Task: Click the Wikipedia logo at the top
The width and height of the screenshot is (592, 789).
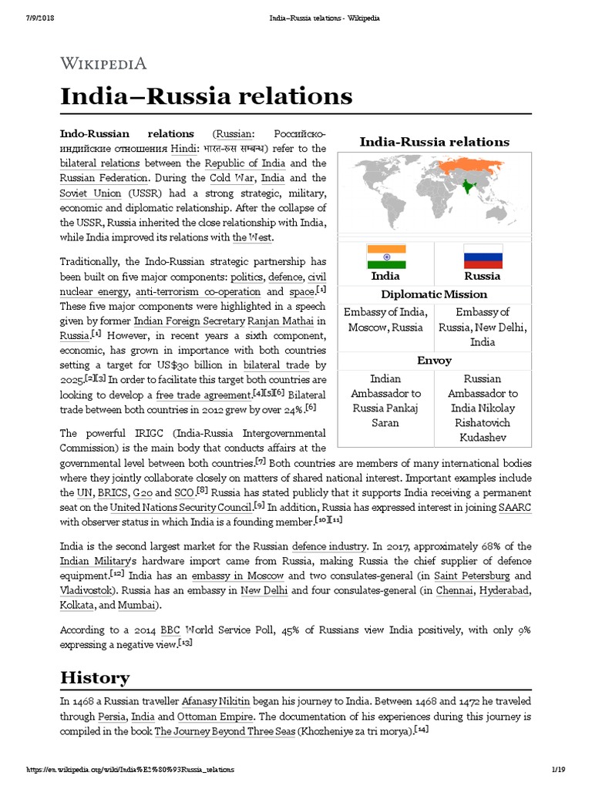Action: click(x=103, y=63)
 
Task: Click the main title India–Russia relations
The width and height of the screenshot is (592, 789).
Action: click(x=207, y=97)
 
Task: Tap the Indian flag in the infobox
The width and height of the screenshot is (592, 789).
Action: click(x=385, y=256)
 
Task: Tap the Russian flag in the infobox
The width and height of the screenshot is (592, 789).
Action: click(x=483, y=256)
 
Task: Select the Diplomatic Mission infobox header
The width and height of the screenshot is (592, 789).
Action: click(x=435, y=294)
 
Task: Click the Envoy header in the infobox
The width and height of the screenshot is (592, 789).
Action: click(x=435, y=361)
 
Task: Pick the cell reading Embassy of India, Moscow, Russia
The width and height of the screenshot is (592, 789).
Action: click(x=385, y=320)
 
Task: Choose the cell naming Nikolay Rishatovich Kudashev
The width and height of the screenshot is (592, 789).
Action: click(x=483, y=408)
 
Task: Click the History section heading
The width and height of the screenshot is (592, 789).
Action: click(x=95, y=678)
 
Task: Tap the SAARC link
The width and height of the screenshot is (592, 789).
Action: click(x=516, y=506)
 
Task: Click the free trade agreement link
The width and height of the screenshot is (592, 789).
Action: click(x=203, y=394)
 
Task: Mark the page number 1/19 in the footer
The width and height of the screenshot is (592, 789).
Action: click(x=559, y=770)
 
